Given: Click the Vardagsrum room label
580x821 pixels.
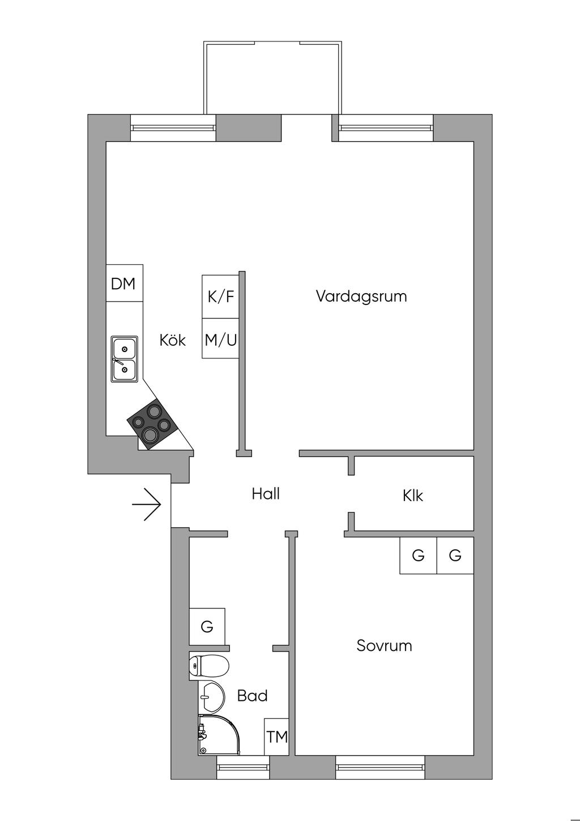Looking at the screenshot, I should [x=361, y=296].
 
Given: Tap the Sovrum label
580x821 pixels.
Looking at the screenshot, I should [x=384, y=645].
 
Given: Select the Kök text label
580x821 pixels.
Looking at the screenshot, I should [x=172, y=340].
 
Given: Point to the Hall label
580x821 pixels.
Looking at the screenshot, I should [x=266, y=494].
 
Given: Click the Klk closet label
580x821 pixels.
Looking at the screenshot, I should [x=413, y=496].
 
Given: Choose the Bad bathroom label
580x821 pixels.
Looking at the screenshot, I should [x=252, y=695].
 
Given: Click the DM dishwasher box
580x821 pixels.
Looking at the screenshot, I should [x=123, y=283].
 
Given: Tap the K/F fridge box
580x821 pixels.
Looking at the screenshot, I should [x=220, y=297].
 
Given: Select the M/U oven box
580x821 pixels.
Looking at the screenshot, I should [x=220, y=339].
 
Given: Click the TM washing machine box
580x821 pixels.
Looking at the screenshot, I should [x=277, y=737].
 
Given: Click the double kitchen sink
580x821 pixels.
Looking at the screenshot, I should [x=125, y=358].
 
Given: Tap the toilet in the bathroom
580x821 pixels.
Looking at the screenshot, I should [x=209, y=666].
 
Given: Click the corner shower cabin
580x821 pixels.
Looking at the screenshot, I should [x=218, y=735].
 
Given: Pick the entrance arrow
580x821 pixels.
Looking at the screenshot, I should [x=147, y=503].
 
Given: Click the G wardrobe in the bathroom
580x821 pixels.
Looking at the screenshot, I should [x=207, y=627].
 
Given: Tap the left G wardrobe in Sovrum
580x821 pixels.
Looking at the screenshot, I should [x=418, y=555].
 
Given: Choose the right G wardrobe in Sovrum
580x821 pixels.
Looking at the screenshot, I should [x=455, y=555].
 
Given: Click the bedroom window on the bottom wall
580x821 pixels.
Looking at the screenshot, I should [x=380, y=767].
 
